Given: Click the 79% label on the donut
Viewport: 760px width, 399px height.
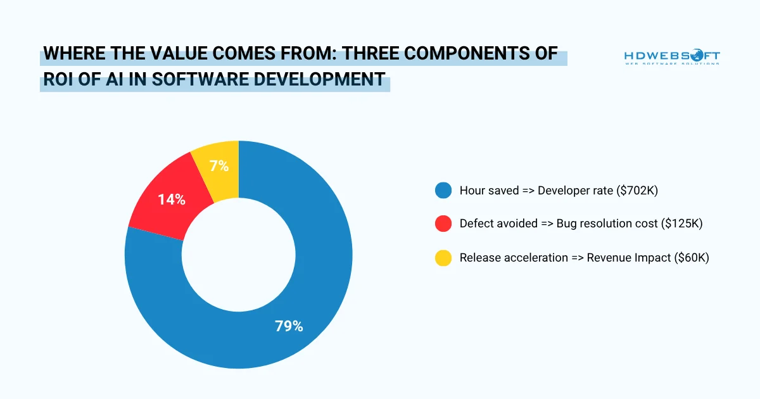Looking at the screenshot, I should pyautogui.click(x=289, y=326).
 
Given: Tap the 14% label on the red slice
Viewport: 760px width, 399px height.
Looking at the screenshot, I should pyautogui.click(x=171, y=199).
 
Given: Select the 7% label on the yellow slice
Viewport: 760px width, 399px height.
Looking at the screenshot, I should pyautogui.click(x=218, y=167).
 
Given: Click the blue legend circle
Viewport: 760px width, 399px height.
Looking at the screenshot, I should pyautogui.click(x=443, y=190).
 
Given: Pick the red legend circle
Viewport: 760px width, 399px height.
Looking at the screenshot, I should pyautogui.click(x=443, y=224).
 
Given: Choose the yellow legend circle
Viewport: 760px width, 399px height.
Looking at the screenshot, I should pyautogui.click(x=443, y=258).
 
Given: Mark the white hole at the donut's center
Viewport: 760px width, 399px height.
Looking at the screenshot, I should pyautogui.click(x=239, y=255).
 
